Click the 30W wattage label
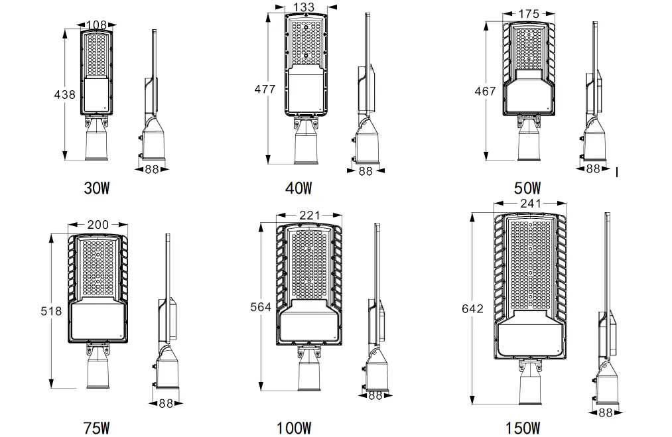coord(96,188)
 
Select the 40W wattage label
coord(298,188)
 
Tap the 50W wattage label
coord(527,188)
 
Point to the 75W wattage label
coord(96,428)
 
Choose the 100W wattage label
coord(294,428)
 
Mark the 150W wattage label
coord(522,428)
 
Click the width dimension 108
coord(96,25)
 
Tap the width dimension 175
coord(529,13)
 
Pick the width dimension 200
coord(98,225)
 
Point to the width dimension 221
coord(309,215)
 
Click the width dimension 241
coord(531,204)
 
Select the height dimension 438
coord(64,95)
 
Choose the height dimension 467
coord(486,91)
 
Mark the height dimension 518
coord(51,310)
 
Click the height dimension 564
coord(261,306)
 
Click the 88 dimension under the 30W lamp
coord(152,169)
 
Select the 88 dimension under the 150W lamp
coord(605,412)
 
